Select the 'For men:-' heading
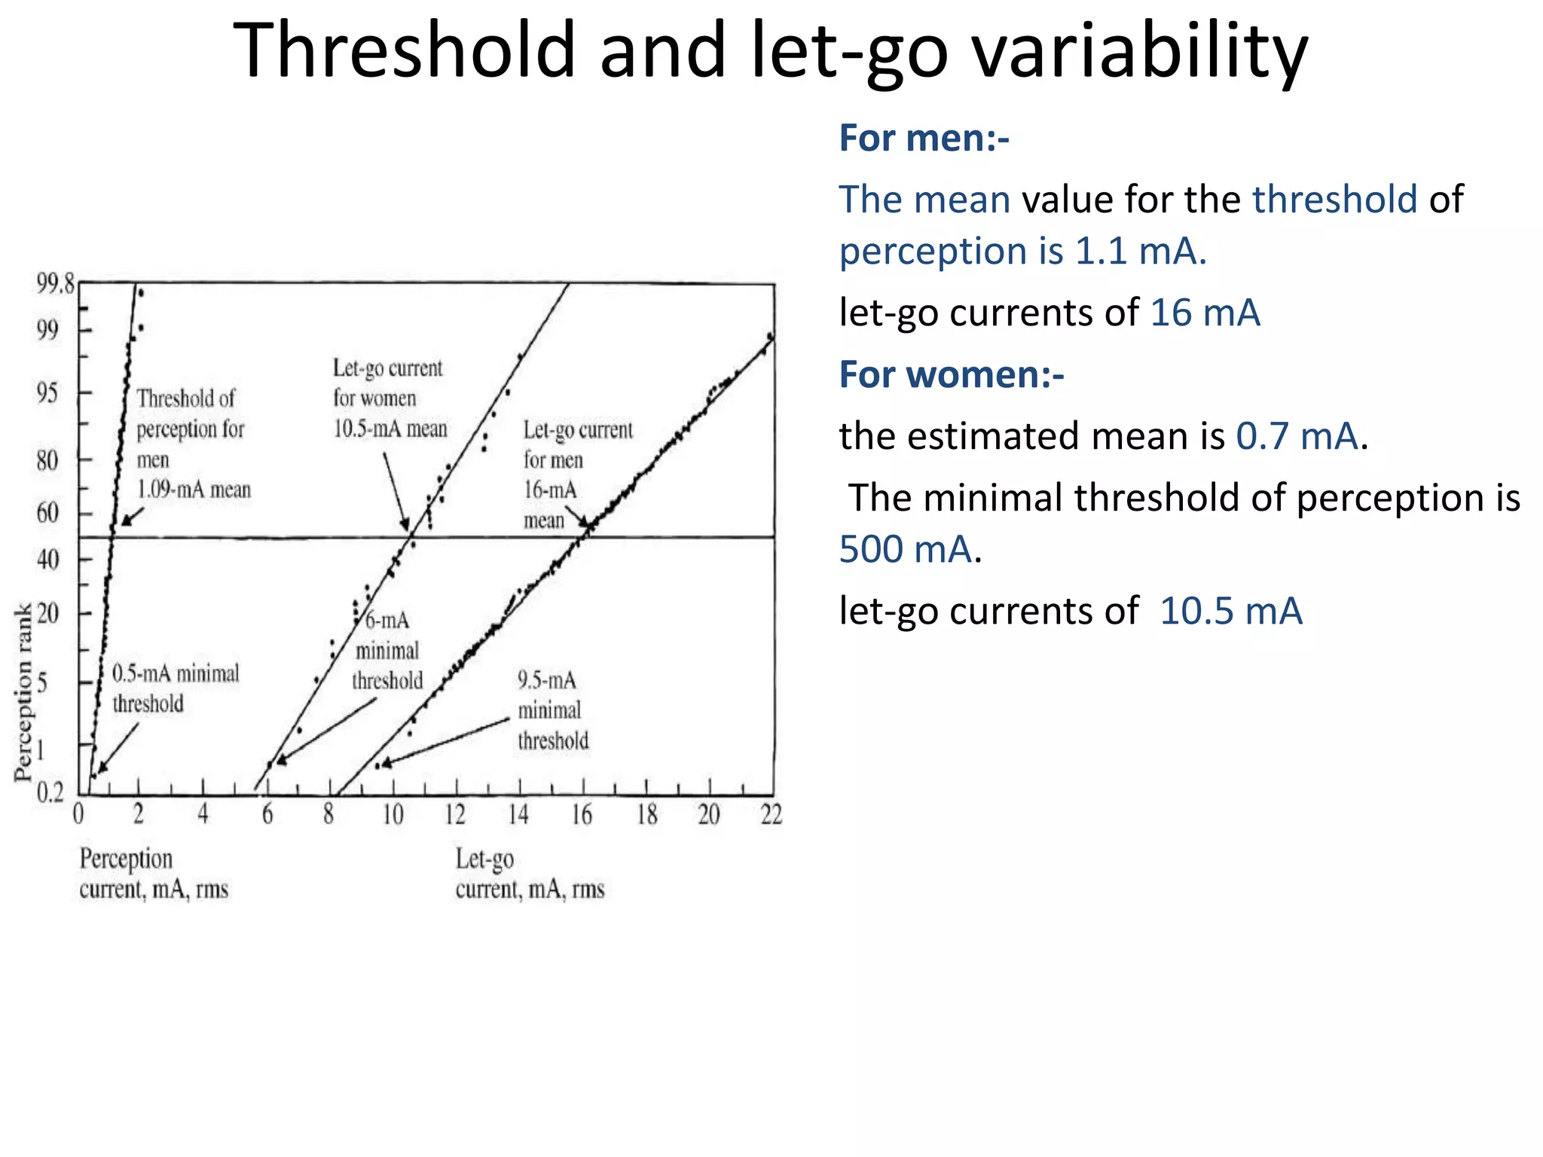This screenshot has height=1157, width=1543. [x=924, y=139]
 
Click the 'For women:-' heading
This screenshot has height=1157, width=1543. [x=952, y=374]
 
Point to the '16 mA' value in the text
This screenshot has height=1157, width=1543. [x=1205, y=313]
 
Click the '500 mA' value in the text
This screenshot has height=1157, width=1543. [x=906, y=549]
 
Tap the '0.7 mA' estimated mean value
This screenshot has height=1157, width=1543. [x=1297, y=436]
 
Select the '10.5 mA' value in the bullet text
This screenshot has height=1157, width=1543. [x=1231, y=611]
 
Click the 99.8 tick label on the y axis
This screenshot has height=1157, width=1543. [x=56, y=285]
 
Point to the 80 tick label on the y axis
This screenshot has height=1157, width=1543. [x=47, y=459]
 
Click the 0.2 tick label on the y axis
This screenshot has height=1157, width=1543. [x=50, y=792]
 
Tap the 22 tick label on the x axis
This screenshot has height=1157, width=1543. [x=771, y=815]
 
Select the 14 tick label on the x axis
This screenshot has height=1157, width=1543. [x=518, y=815]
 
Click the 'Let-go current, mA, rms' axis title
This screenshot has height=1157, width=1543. [x=530, y=874]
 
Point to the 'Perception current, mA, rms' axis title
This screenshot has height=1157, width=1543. [x=154, y=874]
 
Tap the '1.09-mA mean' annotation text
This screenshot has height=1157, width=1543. [x=194, y=490]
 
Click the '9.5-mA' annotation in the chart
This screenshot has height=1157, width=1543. [x=547, y=680]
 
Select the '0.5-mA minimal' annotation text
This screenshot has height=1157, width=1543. [x=176, y=673]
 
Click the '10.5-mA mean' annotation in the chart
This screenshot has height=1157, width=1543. [x=390, y=429]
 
